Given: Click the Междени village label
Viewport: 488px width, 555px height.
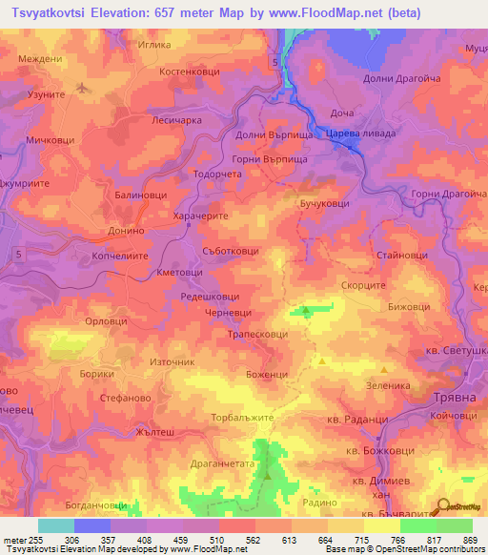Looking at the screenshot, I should [x=38, y=58].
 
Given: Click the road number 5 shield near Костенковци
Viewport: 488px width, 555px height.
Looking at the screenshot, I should [x=274, y=62].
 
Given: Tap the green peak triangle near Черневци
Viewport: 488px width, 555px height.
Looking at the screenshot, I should [x=305, y=310].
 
